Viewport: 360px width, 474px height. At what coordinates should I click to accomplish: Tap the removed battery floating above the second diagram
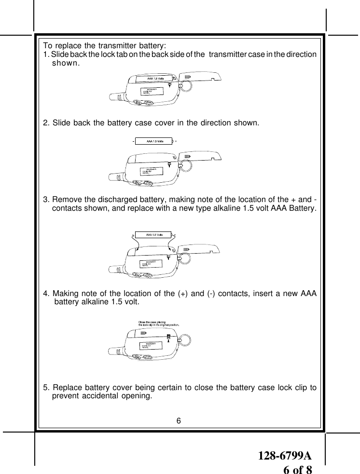tap(152, 141)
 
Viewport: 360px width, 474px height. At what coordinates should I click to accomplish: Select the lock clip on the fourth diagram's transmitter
tap(168, 337)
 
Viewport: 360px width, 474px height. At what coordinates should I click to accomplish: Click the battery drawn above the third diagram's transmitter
tap(152, 235)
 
